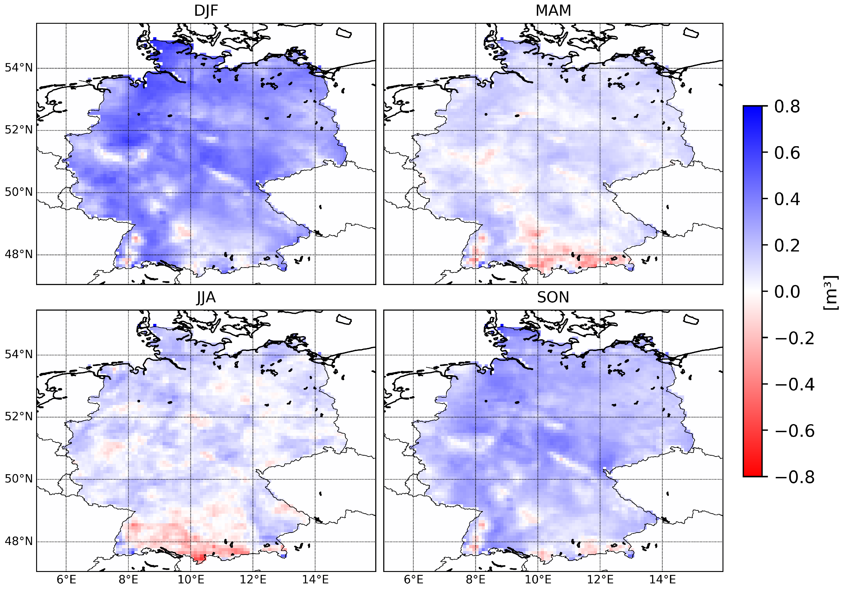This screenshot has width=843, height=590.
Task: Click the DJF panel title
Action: click(206, 11)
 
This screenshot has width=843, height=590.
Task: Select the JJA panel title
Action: click(206, 297)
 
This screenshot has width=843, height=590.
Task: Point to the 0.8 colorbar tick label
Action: click(787, 107)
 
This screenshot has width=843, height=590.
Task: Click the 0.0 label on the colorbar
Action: click(787, 292)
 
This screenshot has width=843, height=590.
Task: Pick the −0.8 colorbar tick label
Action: click(794, 477)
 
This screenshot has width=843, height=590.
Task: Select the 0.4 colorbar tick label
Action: click(787, 199)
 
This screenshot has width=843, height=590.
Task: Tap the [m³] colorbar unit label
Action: click(830, 292)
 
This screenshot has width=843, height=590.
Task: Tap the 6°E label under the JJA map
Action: click(67, 580)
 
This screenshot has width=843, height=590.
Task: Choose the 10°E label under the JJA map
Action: click(190, 580)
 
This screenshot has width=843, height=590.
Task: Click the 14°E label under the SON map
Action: click(662, 580)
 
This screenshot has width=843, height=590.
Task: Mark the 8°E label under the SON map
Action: click(476, 580)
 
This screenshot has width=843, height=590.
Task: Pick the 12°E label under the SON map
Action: click(600, 580)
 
